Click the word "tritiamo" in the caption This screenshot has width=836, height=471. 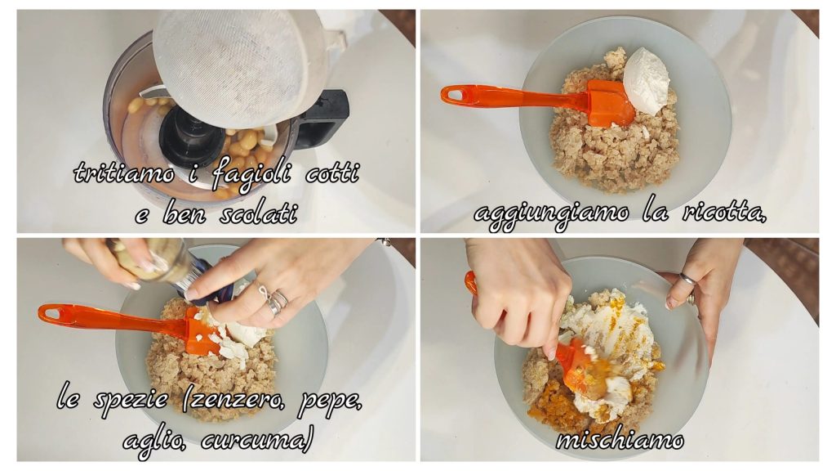coord(124,173)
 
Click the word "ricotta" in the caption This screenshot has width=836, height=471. coord(723,213)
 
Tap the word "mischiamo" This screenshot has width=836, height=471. coord(620,440)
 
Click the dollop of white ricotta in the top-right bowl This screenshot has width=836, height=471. coord(647,80)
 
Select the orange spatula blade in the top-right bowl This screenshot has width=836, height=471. coord(610,103)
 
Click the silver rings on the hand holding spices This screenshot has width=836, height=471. coord(274,301)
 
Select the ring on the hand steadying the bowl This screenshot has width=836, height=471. coord(688,279)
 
